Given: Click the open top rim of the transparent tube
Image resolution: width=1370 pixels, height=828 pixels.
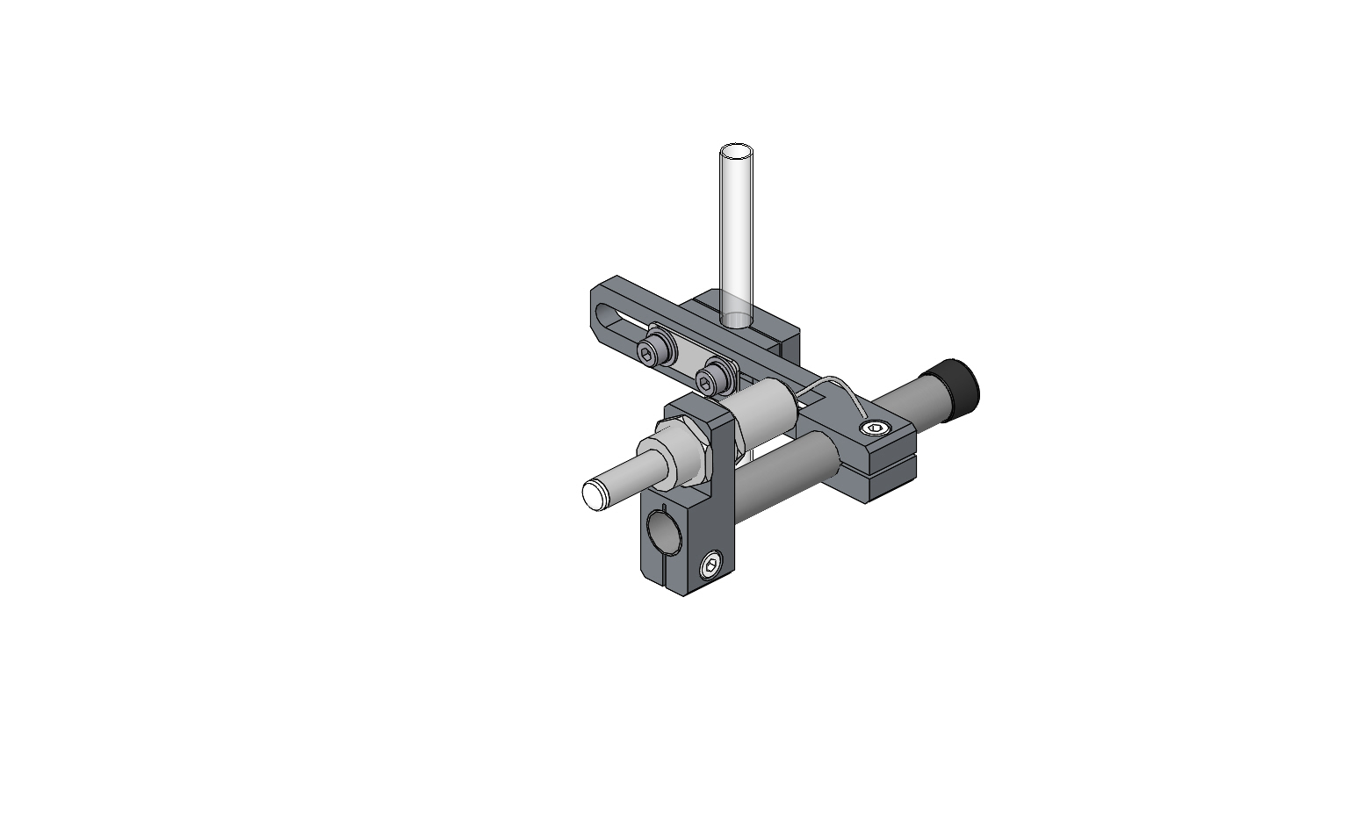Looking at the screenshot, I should [737, 152].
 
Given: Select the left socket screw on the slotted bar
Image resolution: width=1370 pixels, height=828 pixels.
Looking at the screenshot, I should [648, 355].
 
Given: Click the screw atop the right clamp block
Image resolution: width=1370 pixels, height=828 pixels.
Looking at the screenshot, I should [874, 428].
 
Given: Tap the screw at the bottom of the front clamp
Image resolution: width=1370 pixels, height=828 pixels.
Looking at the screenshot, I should [711, 566].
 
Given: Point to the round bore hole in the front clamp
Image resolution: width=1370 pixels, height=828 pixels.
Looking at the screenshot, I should [663, 533].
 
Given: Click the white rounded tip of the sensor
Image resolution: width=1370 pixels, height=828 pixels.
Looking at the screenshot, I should [595, 494].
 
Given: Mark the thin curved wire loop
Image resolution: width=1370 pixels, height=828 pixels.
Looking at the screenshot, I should [839, 386].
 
